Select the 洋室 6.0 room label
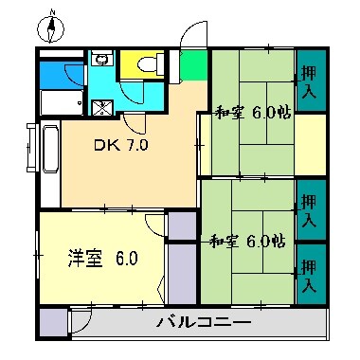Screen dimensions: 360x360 coord(102,257)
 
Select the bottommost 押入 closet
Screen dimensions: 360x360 coord(309,273)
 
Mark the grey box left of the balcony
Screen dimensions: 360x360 coord(54,322)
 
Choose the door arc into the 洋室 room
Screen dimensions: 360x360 coord(153,224)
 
